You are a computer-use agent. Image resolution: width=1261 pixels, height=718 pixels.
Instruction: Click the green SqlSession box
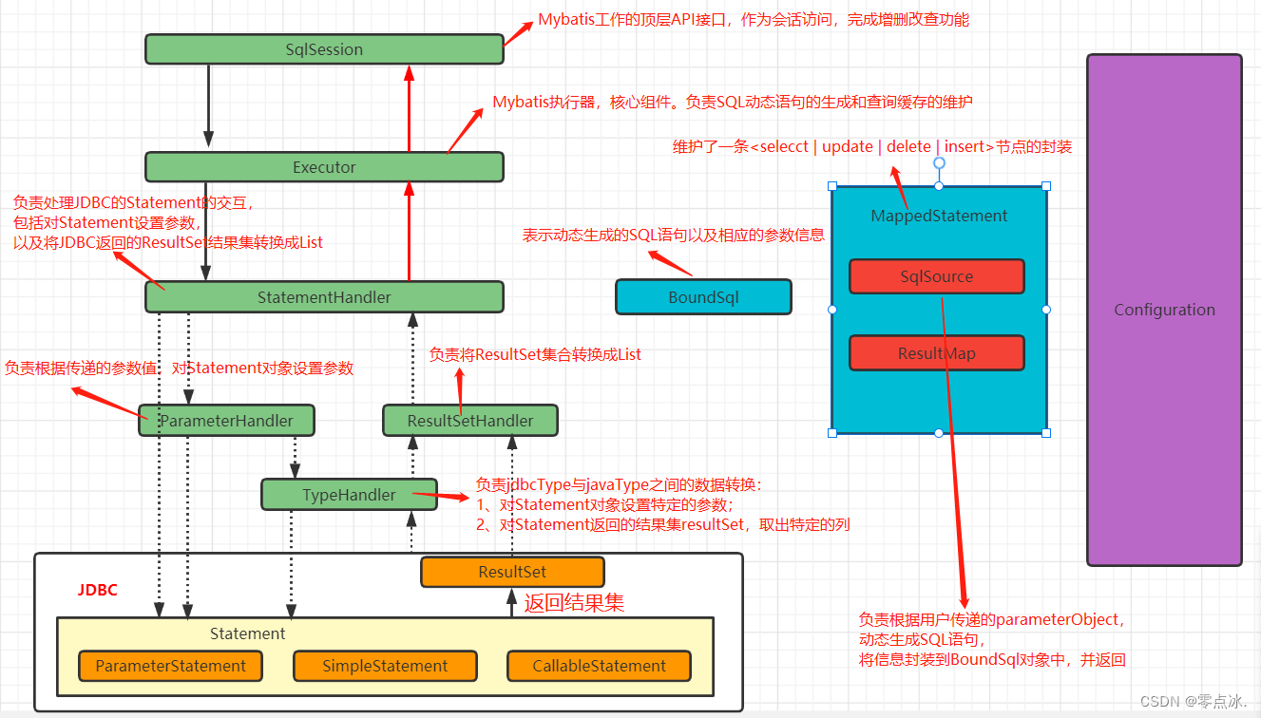pyautogui.click(x=324, y=49)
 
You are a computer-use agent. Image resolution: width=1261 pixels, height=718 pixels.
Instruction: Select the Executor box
pyautogui.click(x=324, y=167)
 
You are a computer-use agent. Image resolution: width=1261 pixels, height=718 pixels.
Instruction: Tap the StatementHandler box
pyautogui.click(x=324, y=297)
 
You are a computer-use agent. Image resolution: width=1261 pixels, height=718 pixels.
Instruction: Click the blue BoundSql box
pyautogui.click(x=703, y=297)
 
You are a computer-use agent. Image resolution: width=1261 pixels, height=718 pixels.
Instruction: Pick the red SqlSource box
pyautogui.click(x=936, y=276)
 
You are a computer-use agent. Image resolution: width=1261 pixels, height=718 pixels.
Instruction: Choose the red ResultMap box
pyautogui.click(x=936, y=353)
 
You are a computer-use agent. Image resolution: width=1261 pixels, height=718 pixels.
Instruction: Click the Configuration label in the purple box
pyautogui.click(x=1164, y=310)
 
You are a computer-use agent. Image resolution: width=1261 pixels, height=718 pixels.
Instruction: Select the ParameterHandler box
pyautogui.click(x=228, y=421)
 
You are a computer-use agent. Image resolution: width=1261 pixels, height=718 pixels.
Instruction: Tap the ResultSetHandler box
pyautogui.click(x=470, y=421)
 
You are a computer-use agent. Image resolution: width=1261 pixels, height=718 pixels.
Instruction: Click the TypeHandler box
pyautogui.click(x=349, y=495)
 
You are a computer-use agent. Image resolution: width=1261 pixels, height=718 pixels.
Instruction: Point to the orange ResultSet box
pyautogui.click(x=512, y=572)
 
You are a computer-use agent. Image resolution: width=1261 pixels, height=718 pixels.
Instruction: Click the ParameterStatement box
pyautogui.click(x=170, y=666)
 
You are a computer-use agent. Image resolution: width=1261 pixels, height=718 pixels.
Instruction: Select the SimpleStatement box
pyautogui.click(x=385, y=666)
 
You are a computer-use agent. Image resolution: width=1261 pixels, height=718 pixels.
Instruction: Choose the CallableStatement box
pyautogui.click(x=599, y=666)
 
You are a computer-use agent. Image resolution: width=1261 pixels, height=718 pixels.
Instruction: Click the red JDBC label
pyautogui.click(x=98, y=590)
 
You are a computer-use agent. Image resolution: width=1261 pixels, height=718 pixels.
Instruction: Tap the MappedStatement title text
pyautogui.click(x=939, y=216)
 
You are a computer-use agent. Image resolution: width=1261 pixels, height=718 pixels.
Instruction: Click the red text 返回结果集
pyautogui.click(x=574, y=601)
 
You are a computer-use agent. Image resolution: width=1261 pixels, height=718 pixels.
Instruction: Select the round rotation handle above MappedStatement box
pyautogui.click(x=939, y=162)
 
